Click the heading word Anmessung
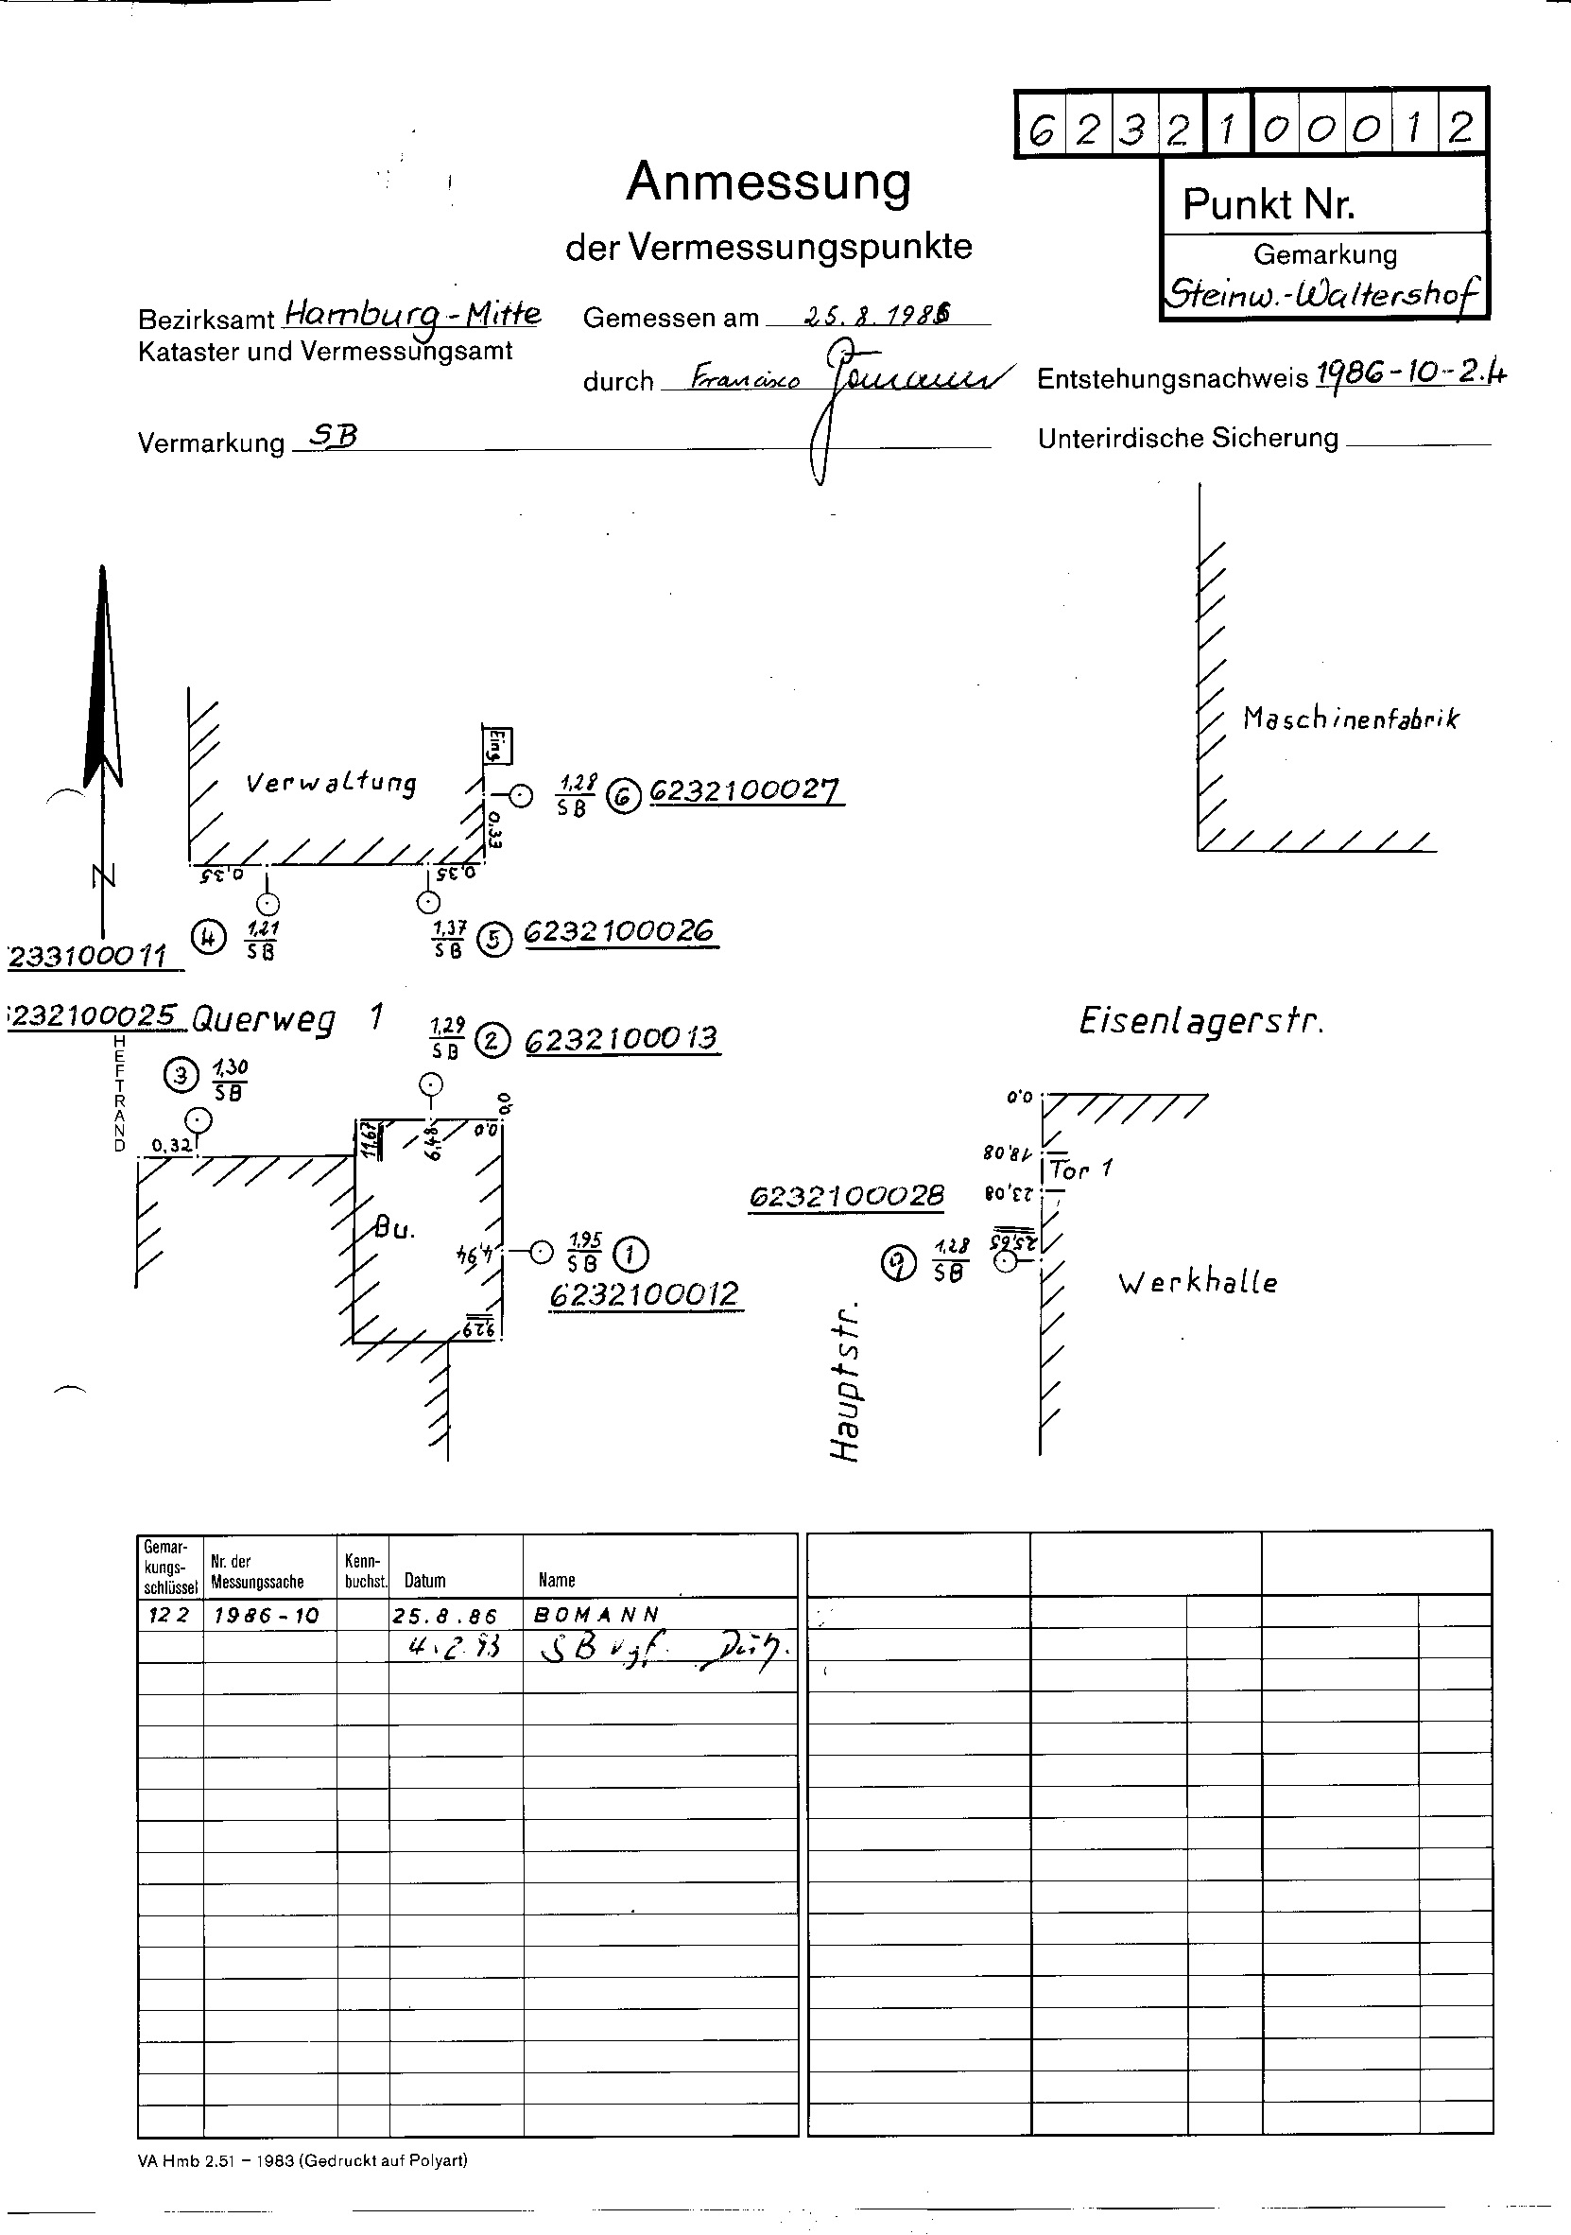[768, 182]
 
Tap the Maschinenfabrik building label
[1351, 719]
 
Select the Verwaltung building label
[331, 783]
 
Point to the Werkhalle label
[1198, 1283]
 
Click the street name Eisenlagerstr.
[1201, 1021]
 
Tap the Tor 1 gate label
[1080, 1170]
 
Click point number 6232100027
[745, 791]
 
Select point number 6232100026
[620, 932]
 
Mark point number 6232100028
[846, 1195]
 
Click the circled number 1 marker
[632, 1254]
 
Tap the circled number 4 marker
[208, 938]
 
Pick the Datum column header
[425, 1580]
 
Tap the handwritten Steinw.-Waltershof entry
[1323, 292]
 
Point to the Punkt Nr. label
[1269, 204]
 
